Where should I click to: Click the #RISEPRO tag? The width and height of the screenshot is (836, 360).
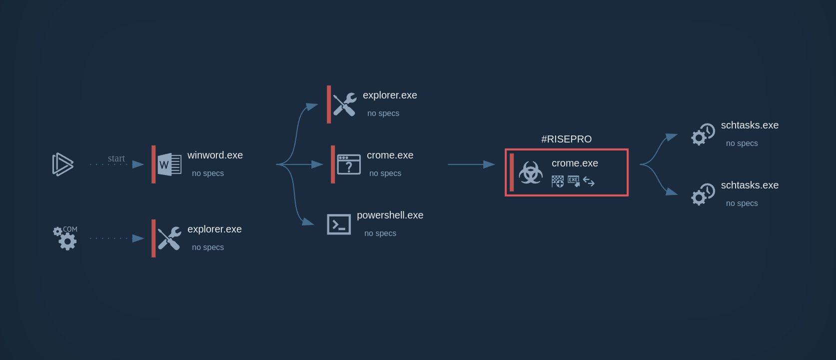coord(566,139)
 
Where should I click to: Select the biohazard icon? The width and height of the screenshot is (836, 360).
coord(531,172)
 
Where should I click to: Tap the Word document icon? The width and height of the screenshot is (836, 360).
coord(169,164)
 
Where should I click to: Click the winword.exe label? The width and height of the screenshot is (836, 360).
coord(215,155)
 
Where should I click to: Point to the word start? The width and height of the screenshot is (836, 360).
coord(116,158)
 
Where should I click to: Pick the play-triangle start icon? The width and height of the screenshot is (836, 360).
coord(63,164)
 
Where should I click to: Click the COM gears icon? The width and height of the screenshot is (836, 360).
coord(65,238)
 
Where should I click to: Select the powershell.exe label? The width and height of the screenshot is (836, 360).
coord(390,215)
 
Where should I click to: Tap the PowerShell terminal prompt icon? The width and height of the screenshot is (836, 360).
coord(339,224)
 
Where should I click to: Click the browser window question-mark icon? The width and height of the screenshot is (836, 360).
coord(349,164)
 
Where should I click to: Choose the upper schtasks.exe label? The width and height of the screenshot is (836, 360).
coord(750,125)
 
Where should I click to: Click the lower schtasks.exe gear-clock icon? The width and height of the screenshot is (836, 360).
coord(703,194)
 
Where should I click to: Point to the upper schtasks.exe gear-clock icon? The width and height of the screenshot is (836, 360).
coord(703,134)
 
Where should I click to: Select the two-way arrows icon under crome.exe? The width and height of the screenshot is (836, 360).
coord(589,181)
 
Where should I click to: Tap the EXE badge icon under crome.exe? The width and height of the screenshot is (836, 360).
coord(574,181)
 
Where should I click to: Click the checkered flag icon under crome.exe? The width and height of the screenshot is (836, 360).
coord(558,181)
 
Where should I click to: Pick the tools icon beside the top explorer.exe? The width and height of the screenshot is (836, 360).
coord(345,104)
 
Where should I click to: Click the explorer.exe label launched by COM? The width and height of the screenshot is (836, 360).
coord(214,229)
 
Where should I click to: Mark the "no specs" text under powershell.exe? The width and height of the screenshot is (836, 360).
coord(380,233)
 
